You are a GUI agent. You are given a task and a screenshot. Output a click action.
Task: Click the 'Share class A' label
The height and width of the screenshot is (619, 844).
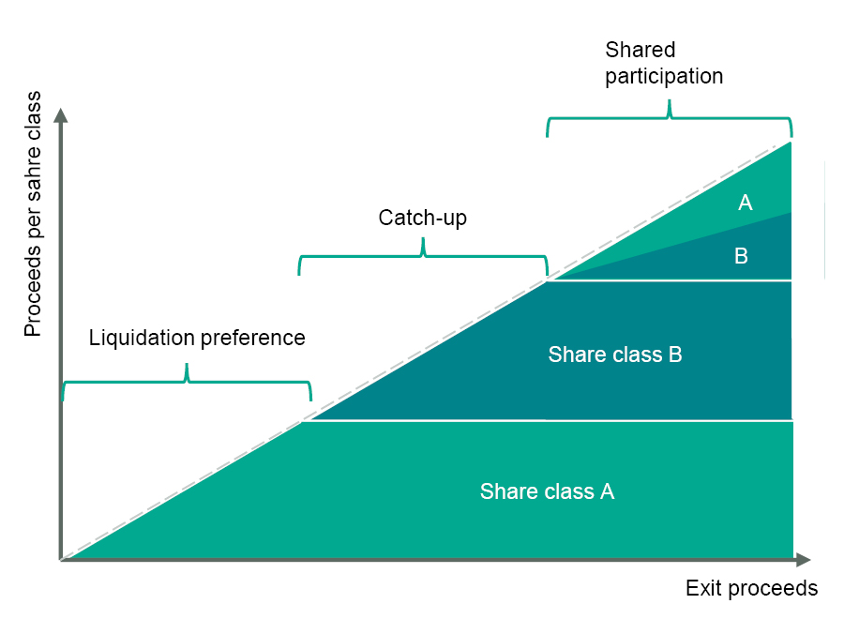(x=547, y=491)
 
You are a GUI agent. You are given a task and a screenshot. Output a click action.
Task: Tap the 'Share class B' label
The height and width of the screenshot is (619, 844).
(x=614, y=355)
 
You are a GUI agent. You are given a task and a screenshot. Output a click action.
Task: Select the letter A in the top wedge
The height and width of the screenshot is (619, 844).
(x=746, y=202)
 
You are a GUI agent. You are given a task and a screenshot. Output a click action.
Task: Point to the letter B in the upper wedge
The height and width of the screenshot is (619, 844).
(x=741, y=256)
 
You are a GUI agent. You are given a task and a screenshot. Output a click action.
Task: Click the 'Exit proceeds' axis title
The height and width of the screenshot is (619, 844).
(x=751, y=588)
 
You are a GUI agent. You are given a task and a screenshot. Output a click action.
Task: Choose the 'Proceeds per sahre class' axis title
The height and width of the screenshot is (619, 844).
(x=34, y=214)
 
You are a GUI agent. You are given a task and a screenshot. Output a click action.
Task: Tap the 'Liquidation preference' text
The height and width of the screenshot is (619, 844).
(x=197, y=338)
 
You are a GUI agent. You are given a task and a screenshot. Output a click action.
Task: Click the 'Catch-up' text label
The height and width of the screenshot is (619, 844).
(x=422, y=219)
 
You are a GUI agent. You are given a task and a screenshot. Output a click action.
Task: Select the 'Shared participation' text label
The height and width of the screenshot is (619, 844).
(x=664, y=63)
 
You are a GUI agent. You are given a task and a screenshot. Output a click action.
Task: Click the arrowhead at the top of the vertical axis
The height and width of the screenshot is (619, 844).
(x=61, y=115)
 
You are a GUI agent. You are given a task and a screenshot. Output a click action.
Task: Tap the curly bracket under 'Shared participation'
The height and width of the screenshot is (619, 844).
(x=669, y=118)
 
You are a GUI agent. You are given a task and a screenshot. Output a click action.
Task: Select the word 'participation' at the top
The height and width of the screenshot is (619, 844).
(x=664, y=77)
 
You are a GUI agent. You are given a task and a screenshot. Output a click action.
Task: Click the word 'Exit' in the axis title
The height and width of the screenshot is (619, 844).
(x=703, y=588)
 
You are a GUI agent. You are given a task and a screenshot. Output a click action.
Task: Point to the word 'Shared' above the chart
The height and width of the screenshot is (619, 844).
(x=640, y=50)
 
